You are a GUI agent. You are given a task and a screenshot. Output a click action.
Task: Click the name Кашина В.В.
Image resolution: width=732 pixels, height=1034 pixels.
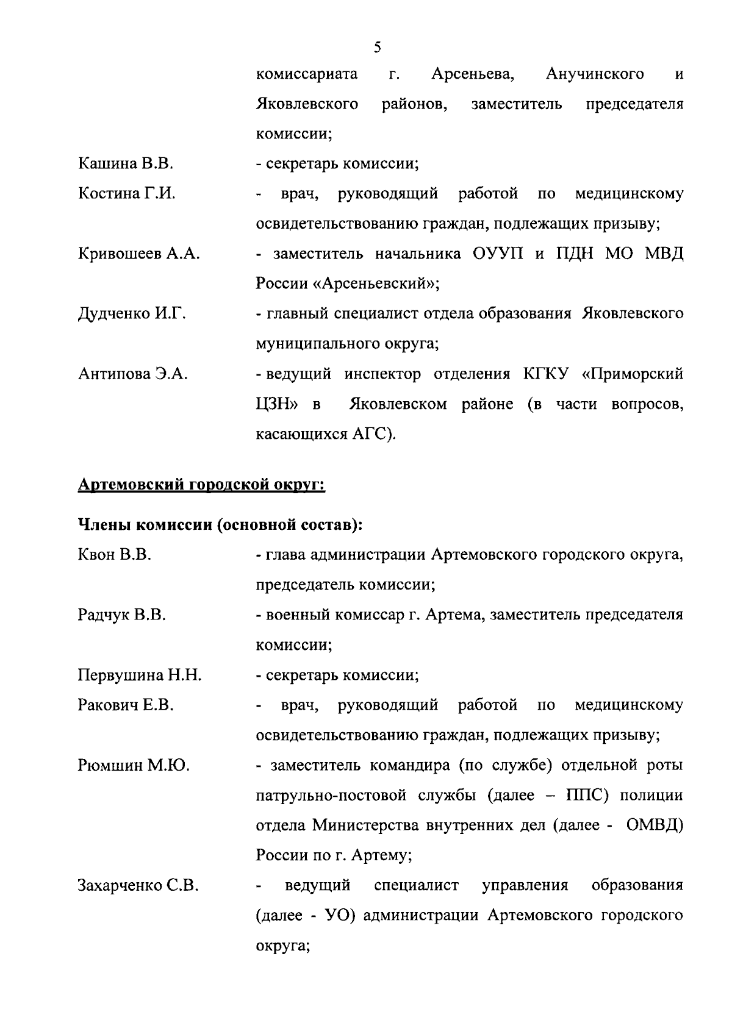pos(126,163)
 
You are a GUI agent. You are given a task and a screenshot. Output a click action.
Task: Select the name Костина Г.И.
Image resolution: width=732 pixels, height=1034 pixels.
pos(126,194)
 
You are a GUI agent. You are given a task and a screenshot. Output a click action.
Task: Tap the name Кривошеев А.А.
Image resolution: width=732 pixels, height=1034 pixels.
pos(138,254)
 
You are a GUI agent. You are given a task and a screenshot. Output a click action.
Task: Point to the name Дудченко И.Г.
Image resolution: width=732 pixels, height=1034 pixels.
pos(132,314)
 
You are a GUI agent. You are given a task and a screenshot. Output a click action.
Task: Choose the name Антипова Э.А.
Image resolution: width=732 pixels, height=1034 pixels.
pos(132,374)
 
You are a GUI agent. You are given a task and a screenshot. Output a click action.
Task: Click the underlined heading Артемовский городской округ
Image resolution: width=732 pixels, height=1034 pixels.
pos(201,485)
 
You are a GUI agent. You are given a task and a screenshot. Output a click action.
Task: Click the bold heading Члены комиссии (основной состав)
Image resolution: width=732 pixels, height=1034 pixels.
pos(221,524)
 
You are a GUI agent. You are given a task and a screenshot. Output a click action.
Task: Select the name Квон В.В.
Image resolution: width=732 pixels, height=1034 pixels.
pos(115,555)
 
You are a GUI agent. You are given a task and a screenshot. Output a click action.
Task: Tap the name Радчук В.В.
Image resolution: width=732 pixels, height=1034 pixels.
pos(122,615)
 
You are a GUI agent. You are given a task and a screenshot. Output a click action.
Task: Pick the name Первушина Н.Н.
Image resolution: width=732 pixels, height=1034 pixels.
pos(140,675)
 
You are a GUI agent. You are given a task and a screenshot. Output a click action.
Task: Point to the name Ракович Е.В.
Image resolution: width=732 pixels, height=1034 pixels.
pos(126,705)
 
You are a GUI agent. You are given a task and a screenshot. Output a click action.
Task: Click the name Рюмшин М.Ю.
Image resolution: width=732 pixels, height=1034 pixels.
pos(134,765)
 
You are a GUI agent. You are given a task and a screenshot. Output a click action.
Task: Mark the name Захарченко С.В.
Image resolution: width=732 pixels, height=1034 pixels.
pos(138,885)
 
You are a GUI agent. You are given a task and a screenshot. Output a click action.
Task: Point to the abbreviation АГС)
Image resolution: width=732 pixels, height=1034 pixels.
pos(374,434)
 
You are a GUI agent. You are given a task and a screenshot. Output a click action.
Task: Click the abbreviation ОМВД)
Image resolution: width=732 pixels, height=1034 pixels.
pos(655,825)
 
